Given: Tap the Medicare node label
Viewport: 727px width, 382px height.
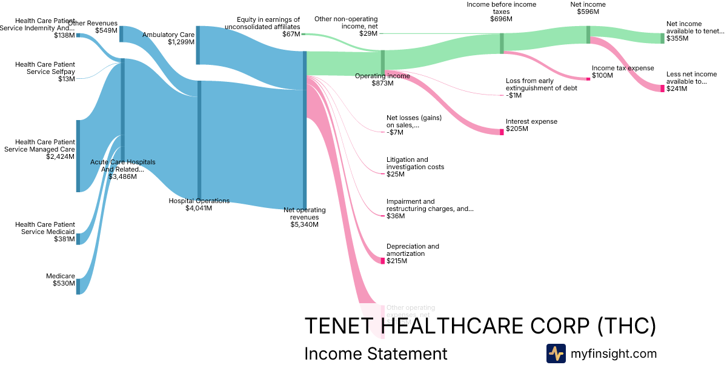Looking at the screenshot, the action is pos(61,276).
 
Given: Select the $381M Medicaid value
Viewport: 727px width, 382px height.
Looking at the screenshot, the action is pos(64,239).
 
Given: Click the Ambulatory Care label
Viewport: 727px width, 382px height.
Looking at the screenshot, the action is pos(168,35).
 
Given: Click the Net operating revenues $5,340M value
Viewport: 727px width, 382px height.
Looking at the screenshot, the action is pos(304,224).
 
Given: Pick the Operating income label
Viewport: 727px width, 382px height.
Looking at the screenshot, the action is pos(382,76).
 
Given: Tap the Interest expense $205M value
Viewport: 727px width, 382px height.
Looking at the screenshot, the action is pos(517,129).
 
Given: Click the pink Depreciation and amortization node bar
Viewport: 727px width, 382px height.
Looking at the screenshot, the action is pos(382,261).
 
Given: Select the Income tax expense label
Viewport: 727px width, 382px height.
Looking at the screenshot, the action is pos(614,68).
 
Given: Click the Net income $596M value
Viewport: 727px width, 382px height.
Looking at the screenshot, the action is pos(588,12).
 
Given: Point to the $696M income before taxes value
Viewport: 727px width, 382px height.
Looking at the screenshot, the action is pos(501,19).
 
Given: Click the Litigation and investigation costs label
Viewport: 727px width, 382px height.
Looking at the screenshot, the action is pos(416,163).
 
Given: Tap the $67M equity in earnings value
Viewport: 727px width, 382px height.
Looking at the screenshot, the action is pos(291,35).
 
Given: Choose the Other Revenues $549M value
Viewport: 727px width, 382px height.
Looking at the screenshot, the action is pos(106,30).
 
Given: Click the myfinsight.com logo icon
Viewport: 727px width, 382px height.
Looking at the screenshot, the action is pos(556,354).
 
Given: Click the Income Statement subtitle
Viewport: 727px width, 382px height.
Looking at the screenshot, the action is pos(376,354).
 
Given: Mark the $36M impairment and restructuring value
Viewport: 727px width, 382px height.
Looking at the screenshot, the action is pos(396,216).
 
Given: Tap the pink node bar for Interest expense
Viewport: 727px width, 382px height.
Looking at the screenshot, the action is pos(502,132).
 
